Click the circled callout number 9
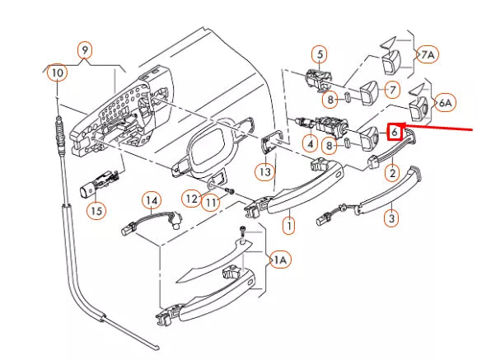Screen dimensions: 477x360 [x=85, y=49]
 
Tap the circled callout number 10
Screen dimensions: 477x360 [x=58, y=72]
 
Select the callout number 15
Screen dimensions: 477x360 [x=96, y=211]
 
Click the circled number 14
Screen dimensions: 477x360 [x=152, y=200]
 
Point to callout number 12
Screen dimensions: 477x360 [x=191, y=199]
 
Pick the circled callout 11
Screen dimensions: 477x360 [x=211, y=203]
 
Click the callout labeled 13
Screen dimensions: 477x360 [x=265, y=172]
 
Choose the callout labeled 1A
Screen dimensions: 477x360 [x=280, y=259]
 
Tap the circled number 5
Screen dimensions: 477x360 [x=320, y=54]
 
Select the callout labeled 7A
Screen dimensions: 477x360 [x=428, y=54]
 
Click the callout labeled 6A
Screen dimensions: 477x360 [x=445, y=103]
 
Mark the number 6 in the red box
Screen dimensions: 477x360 [x=395, y=132]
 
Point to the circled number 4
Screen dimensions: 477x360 [x=310, y=143]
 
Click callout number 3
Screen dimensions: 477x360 [x=392, y=218]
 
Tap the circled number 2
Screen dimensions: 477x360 [x=392, y=173]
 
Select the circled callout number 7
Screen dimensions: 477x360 [x=392, y=90]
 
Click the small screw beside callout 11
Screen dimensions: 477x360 [x=231, y=191]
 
